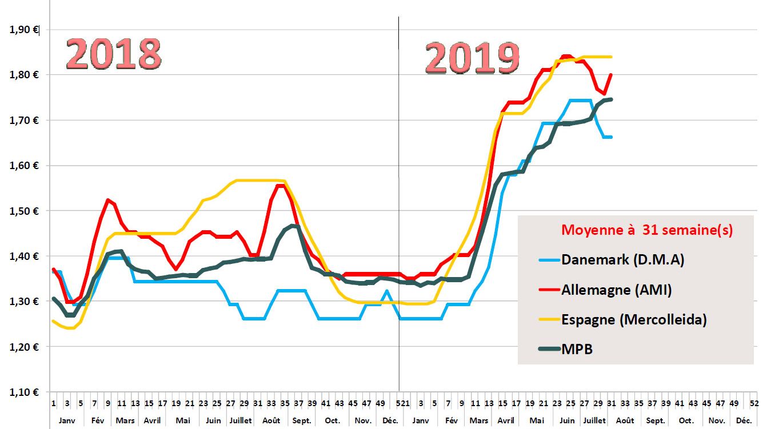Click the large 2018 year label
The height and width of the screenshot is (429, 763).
113,54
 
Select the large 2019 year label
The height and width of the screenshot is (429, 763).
472,58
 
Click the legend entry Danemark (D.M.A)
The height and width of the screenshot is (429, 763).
622,260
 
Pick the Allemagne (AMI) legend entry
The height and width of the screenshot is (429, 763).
617,290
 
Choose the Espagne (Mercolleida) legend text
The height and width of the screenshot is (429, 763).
634,319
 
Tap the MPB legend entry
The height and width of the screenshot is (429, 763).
577,349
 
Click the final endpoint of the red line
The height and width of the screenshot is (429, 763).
612,74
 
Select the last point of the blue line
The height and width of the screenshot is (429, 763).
612,137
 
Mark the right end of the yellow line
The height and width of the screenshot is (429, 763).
612,57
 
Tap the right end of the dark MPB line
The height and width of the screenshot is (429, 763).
612,99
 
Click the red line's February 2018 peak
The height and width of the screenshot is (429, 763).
107,200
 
